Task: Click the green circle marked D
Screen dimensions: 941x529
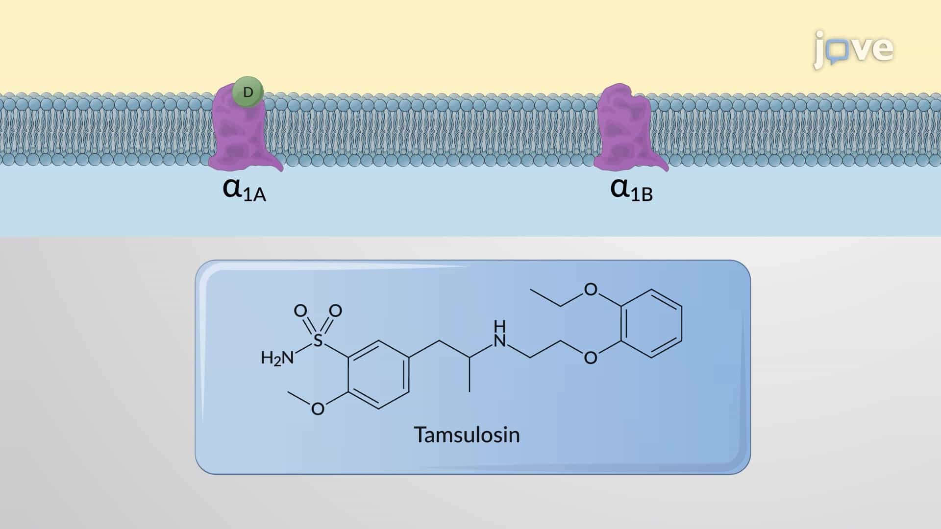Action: (x=248, y=92)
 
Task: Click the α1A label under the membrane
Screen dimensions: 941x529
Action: (x=244, y=190)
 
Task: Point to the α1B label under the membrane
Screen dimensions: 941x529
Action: (x=632, y=190)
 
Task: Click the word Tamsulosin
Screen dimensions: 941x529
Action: (x=467, y=434)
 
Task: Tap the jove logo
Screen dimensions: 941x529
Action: (x=853, y=49)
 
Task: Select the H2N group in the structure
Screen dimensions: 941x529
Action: (x=277, y=358)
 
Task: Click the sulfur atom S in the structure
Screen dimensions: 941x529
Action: (x=318, y=340)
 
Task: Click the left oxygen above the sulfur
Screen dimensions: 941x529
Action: (x=300, y=311)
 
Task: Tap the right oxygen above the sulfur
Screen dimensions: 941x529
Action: (x=335, y=311)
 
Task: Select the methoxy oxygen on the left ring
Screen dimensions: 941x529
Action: (x=318, y=409)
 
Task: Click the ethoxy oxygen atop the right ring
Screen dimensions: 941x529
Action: (x=591, y=290)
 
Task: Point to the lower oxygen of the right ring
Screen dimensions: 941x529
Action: (x=591, y=358)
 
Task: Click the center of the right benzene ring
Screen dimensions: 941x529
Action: (x=652, y=324)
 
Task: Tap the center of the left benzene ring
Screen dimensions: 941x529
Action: (x=378, y=375)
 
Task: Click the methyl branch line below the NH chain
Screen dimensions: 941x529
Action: (x=470, y=375)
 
